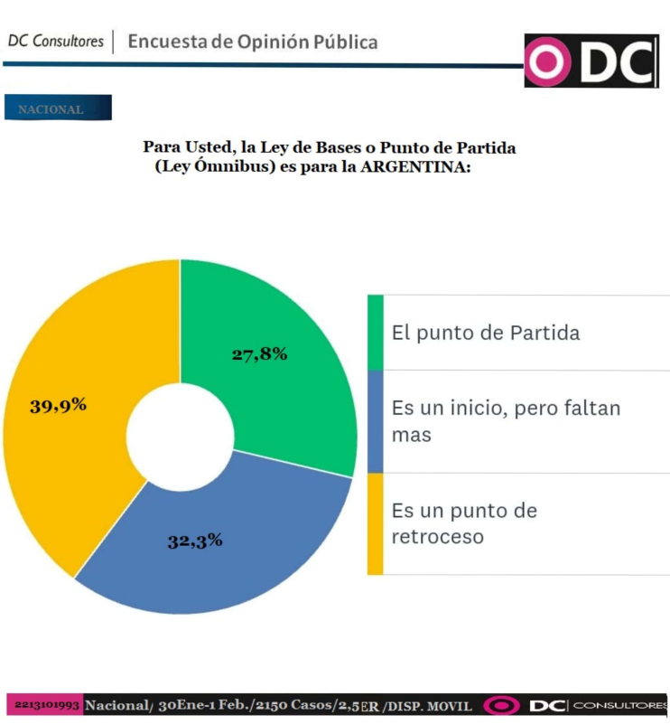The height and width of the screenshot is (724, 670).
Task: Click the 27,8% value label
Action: coord(259,354)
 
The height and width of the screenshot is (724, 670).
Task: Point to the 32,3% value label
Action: coord(195,541)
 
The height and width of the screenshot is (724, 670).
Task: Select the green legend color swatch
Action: coord(375,332)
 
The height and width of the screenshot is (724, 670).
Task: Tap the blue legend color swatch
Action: coord(375,421)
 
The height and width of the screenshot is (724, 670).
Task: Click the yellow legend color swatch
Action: coord(375,523)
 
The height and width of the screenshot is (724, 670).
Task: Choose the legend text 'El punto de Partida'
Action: coord(485,333)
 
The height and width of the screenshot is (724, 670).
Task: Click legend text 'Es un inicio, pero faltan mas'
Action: coord(506,421)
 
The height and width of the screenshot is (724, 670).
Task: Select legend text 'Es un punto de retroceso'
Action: coord(464,523)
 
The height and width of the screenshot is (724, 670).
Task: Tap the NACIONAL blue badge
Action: coord(58,108)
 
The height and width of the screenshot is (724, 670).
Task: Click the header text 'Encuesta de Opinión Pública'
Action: coord(253,42)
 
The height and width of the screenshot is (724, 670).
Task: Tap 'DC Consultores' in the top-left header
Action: coord(55,42)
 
